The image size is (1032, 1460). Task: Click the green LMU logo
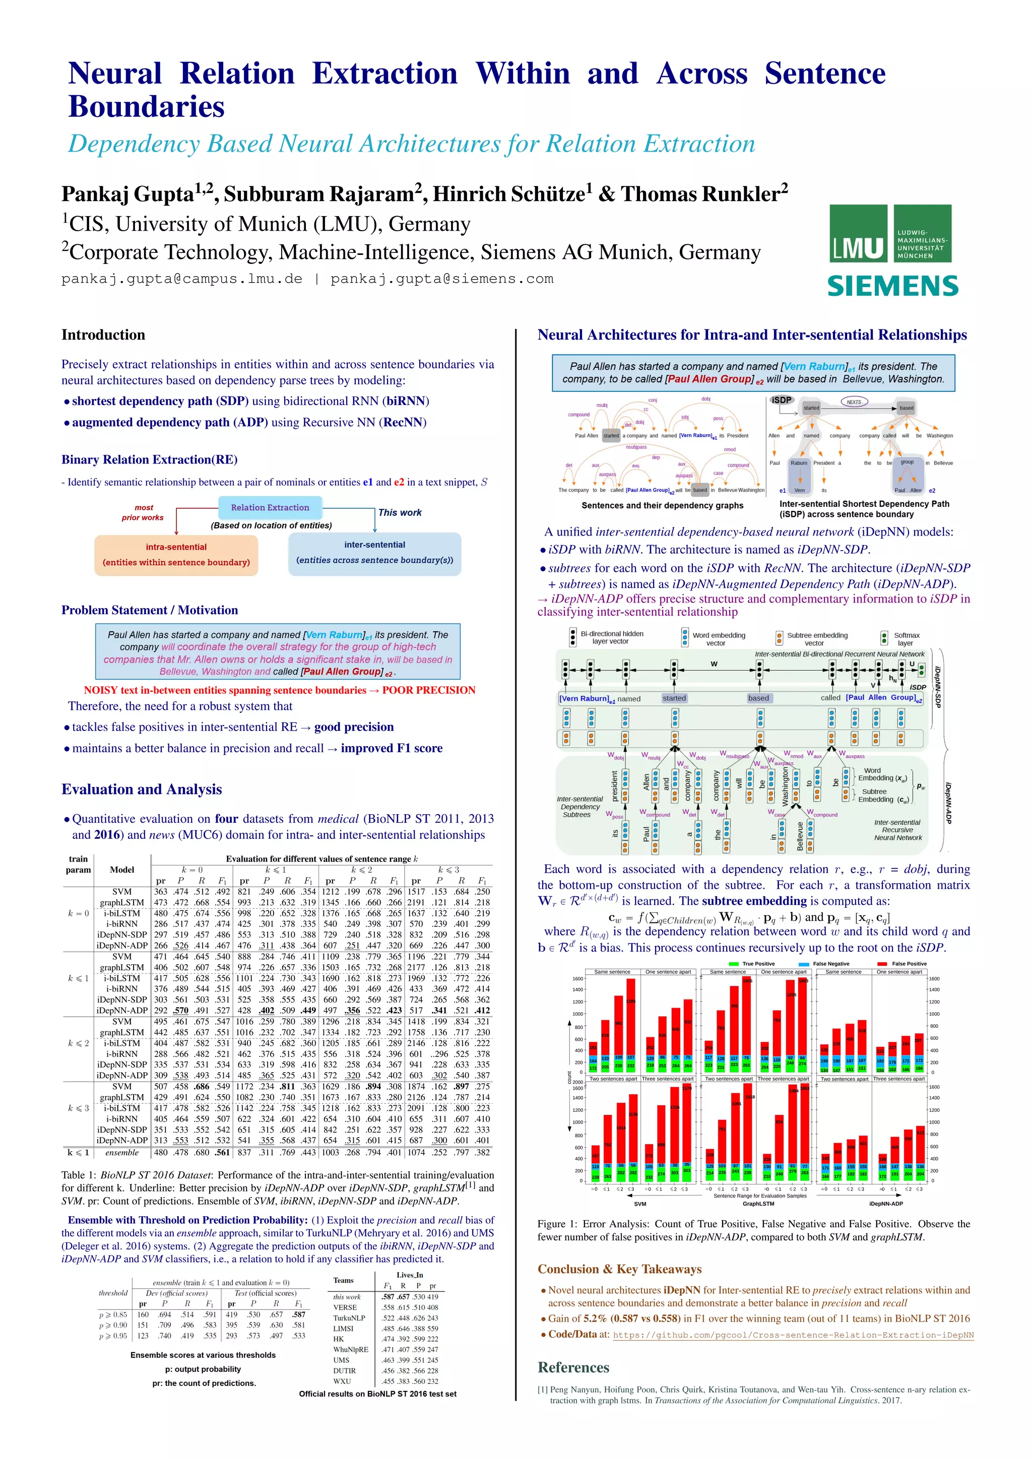pos(890,233)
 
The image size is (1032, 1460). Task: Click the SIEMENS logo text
pos(892,286)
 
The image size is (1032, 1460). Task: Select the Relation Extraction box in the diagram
pos(270,507)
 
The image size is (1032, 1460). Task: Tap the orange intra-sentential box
pos(176,555)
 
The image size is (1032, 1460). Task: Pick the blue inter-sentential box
pos(374,553)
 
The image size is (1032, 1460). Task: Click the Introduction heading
pos(103,335)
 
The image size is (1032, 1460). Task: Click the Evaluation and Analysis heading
pos(141,789)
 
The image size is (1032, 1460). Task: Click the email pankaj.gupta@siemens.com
pos(442,279)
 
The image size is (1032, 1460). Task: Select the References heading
pos(573,1367)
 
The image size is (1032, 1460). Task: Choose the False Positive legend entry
pos(902,963)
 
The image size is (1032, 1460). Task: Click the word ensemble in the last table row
pos(121,1152)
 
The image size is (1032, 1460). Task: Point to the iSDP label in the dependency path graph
pos(782,400)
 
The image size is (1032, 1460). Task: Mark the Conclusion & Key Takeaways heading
pos(619,1269)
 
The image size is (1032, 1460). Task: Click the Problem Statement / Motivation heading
pos(150,610)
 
